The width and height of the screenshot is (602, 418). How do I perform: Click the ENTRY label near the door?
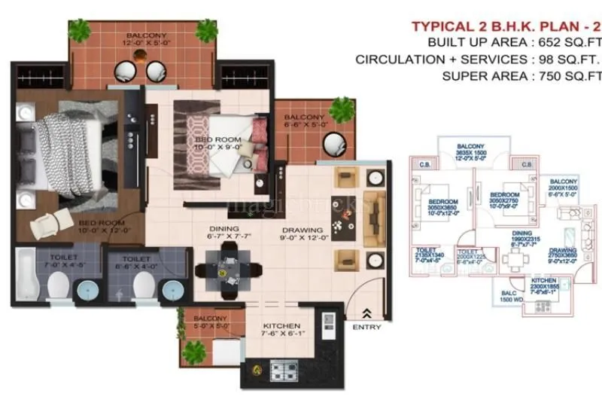click(366, 327)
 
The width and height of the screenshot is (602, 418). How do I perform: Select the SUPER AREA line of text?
click(519, 75)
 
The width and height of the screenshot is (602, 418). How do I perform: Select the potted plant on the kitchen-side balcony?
click(195, 350)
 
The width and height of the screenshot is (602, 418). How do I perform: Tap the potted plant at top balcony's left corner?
click(78, 30)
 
